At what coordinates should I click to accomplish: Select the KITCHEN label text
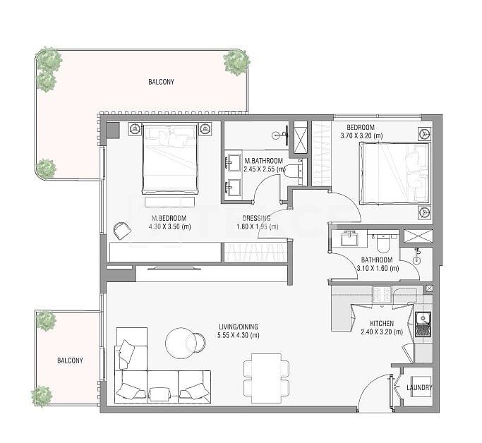(x=382, y=323)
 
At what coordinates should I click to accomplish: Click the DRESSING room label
(x=255, y=218)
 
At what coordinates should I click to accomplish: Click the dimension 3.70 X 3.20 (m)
(x=361, y=135)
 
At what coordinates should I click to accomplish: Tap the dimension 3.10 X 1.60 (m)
(x=378, y=268)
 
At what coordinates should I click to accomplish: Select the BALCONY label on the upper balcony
(x=161, y=82)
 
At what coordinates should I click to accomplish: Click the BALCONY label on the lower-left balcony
(x=70, y=360)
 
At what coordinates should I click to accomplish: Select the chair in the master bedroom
(x=121, y=230)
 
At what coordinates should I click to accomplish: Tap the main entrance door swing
(x=374, y=395)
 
